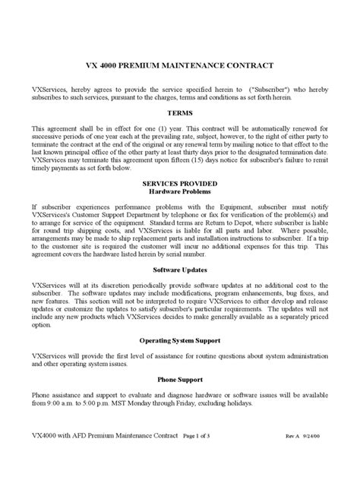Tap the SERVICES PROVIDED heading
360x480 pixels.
click(180, 183)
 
